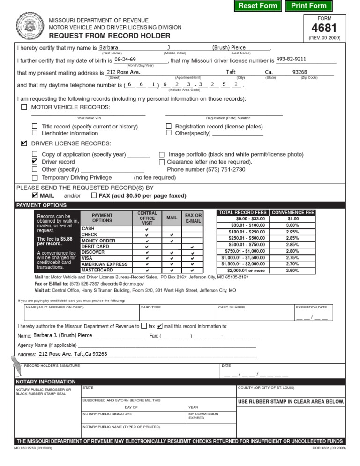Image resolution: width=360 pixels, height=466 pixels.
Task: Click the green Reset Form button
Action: point(257,6)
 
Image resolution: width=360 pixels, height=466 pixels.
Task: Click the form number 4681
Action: point(324,28)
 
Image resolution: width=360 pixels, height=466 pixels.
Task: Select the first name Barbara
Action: point(109,47)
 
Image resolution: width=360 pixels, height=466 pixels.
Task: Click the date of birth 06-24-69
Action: point(125,60)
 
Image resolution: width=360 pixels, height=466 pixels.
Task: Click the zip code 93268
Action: point(300,72)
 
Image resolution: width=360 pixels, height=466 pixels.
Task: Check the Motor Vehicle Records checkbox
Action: point(24,107)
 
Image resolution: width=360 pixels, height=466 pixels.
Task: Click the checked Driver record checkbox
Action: point(35,161)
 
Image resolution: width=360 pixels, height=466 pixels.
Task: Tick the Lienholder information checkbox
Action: point(35,133)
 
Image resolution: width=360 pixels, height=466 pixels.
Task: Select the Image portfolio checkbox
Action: point(161,154)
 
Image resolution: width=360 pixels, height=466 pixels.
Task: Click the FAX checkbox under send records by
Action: point(94,195)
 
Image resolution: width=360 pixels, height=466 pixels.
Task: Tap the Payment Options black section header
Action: point(42,205)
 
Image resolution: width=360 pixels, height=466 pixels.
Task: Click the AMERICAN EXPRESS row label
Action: point(104,264)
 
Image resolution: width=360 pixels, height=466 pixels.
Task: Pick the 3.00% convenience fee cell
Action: point(292,225)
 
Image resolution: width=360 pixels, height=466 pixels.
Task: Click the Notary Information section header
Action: point(46,382)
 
